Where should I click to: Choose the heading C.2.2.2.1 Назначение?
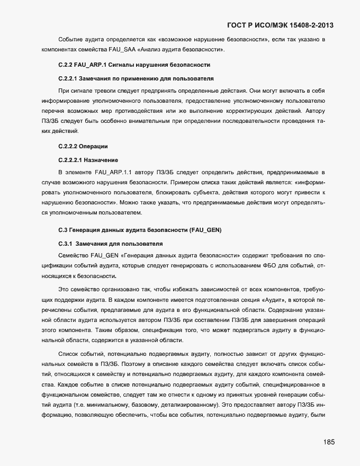click(87, 159)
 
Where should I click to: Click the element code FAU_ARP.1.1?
click(114, 173)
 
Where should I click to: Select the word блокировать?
click(132, 192)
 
